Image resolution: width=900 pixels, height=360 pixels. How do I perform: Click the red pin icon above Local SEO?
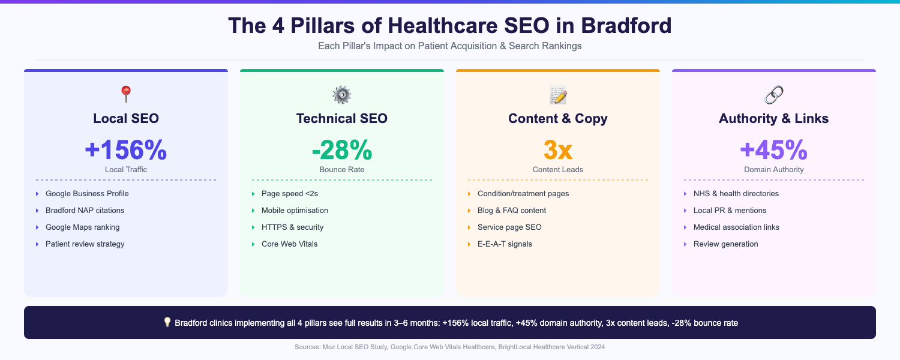pos(125,94)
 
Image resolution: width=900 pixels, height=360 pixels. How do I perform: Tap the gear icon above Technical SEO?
pos(341,94)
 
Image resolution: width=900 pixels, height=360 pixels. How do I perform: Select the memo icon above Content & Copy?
pos(558,94)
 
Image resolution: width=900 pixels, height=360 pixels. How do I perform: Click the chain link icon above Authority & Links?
pos(773,94)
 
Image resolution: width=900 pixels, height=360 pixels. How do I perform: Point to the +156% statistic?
pos(126,150)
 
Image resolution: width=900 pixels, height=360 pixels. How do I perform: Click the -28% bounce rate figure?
pos(342,150)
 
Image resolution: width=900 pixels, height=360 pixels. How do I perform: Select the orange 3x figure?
pos(558,150)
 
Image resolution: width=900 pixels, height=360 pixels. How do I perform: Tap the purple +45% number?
pos(774,150)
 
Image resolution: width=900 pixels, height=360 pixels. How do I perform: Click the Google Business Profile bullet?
pos(87,194)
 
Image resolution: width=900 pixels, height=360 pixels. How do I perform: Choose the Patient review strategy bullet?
pos(85,244)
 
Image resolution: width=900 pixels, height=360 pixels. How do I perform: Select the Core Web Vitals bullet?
pos(289,244)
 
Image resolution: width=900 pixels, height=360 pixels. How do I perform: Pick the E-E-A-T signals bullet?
pos(505,244)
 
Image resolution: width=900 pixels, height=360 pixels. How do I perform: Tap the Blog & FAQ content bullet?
pos(512,211)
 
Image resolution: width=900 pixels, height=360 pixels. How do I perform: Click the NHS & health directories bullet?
pos(736,194)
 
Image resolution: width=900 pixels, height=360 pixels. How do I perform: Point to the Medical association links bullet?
pos(736,227)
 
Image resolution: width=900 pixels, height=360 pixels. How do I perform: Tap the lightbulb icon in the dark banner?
pos(167,322)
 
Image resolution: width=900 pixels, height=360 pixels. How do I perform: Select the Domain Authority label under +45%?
pos(774,170)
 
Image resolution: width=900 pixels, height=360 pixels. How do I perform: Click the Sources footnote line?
pos(450,347)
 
